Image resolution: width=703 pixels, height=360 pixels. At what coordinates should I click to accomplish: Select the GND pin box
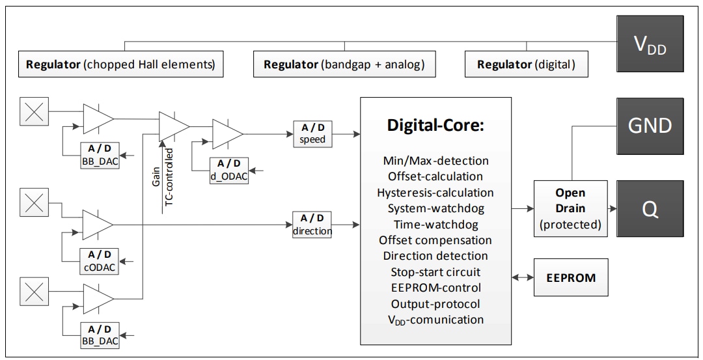[650, 126]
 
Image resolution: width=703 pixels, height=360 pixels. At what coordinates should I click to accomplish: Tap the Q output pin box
[650, 209]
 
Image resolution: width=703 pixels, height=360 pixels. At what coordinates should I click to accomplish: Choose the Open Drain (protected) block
[570, 209]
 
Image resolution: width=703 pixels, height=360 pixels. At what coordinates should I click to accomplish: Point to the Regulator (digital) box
[526, 64]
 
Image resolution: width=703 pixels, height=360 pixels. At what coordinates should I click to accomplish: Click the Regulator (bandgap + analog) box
[344, 64]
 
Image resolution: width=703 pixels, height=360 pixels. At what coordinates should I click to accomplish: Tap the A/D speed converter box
[312, 133]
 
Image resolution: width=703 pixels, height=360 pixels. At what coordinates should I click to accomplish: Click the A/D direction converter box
[312, 224]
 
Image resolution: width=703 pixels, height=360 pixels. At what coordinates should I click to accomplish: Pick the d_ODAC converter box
[228, 170]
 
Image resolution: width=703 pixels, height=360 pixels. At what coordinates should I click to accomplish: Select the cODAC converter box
[99, 260]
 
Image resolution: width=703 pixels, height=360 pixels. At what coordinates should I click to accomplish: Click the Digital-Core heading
[435, 126]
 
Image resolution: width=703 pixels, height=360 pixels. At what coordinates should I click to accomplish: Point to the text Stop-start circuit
[435, 271]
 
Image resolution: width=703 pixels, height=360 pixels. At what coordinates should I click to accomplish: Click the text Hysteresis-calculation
[435, 192]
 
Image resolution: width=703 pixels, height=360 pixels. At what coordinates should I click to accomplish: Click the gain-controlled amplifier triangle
[173, 125]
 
